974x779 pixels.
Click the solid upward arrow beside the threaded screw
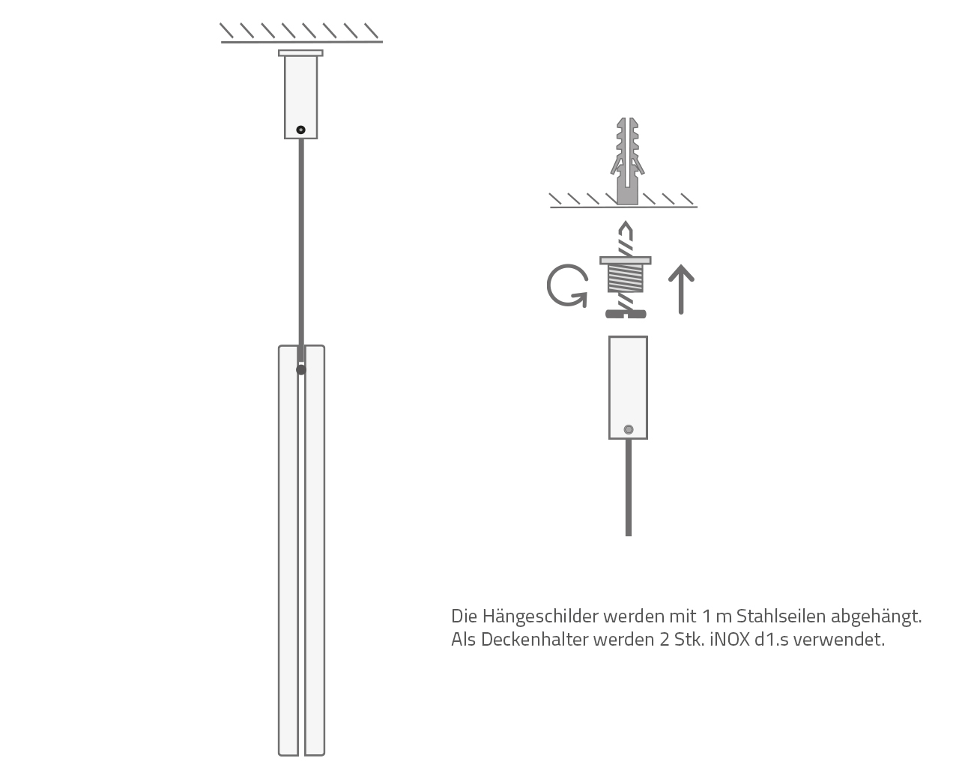point(681,289)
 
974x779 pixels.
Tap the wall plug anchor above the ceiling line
point(627,161)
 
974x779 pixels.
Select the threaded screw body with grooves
point(626,278)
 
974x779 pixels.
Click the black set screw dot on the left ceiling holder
point(300,130)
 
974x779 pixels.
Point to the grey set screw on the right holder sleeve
point(628,429)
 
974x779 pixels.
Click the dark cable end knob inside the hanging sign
point(301,370)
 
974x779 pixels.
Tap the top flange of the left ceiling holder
point(300,53)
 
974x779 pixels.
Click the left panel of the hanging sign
point(288,551)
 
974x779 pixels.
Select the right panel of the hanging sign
point(315,551)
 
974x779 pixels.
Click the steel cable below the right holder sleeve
point(628,488)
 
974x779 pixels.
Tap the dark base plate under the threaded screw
point(626,314)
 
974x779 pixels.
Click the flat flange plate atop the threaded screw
point(626,260)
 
